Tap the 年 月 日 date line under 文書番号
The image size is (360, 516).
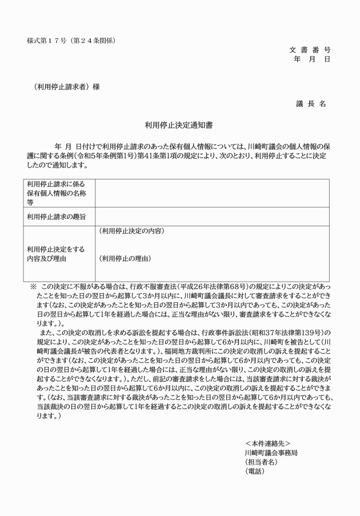point(311,59)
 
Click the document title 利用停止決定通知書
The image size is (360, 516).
point(179,123)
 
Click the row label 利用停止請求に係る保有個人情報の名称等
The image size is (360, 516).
point(55,193)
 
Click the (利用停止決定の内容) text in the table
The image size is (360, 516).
point(131,231)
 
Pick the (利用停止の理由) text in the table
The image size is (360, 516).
point(126,259)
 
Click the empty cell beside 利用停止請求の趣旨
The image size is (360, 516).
point(211,217)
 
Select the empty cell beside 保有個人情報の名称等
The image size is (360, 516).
point(211,193)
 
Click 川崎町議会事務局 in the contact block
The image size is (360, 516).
point(270,452)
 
